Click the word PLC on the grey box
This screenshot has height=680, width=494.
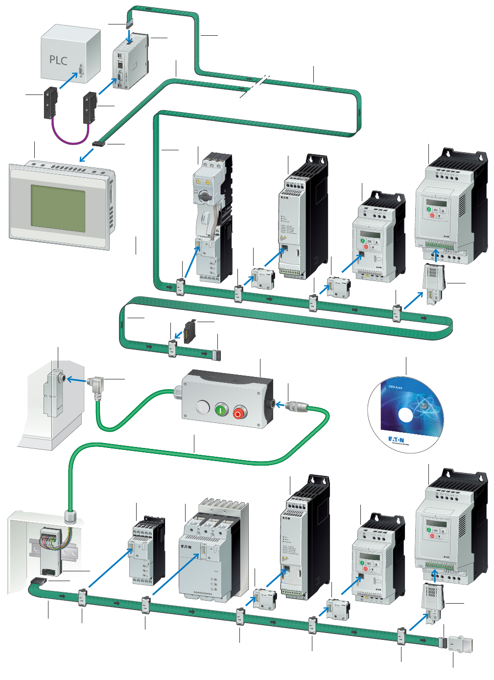(58, 60)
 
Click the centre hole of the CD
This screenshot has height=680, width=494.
(406, 415)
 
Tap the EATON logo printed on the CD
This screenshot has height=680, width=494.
(396, 440)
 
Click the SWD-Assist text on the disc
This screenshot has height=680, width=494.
(395, 387)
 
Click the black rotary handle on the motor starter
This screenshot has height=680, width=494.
(202, 196)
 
